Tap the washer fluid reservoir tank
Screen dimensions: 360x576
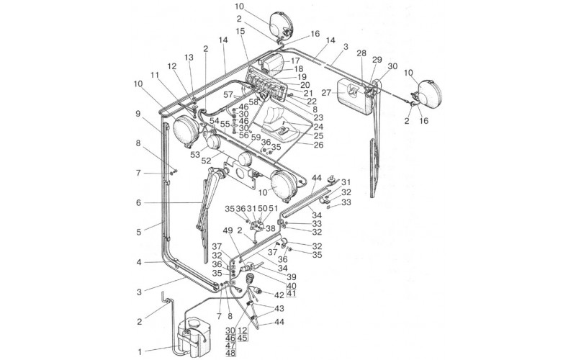pos(191,335)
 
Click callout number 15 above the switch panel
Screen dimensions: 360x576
pos(240,32)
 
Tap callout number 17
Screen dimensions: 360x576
pos(296,60)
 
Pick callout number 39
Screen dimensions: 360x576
pos(290,276)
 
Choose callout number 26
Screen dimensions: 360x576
pos(319,144)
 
